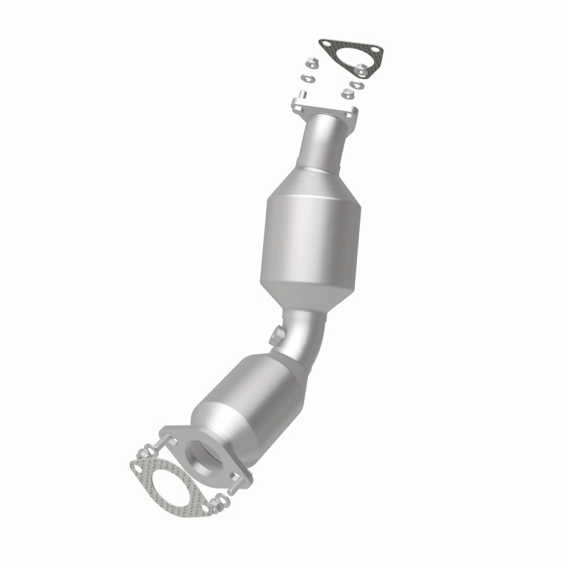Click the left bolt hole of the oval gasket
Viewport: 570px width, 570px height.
click(x=137, y=466)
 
